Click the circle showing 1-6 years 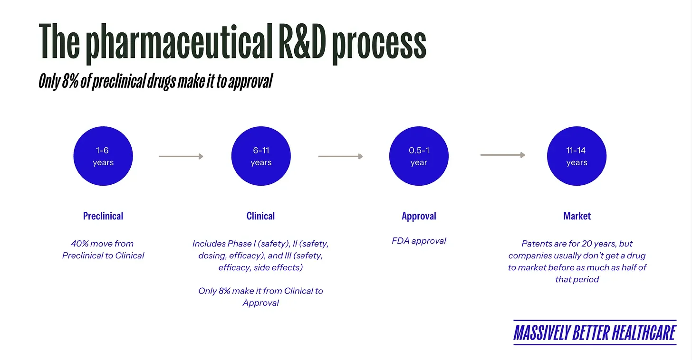tap(103, 156)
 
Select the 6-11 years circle tap(261, 156)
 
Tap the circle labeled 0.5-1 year tap(419, 156)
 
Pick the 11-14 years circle tap(577, 156)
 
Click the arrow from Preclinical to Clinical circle tap(181, 156)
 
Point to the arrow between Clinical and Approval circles tap(340, 156)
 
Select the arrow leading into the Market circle tap(502, 155)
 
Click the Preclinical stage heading tap(103, 216)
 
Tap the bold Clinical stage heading tap(260, 216)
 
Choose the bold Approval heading tap(419, 216)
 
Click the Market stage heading tap(577, 216)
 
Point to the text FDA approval tap(419, 241)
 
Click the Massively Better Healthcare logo tap(595, 332)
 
